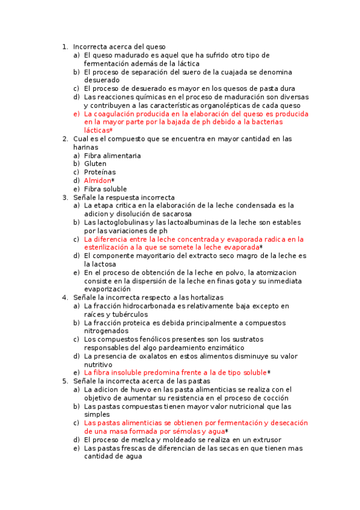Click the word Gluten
[95, 164]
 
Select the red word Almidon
[97, 180]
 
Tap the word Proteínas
[100, 172]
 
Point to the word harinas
[85, 147]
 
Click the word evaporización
[107, 289]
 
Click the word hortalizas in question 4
[205, 298]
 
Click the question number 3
[65, 197]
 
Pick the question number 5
[65, 381]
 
